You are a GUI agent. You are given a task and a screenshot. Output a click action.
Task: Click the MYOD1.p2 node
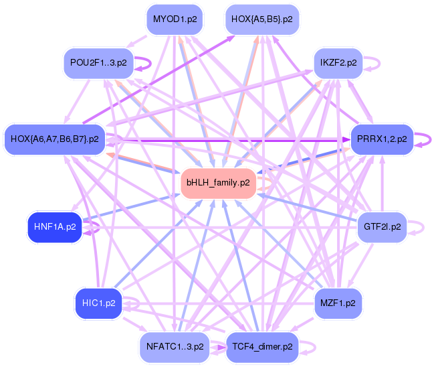(x=175, y=19)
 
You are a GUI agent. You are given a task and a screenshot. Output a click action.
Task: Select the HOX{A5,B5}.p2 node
(x=262, y=19)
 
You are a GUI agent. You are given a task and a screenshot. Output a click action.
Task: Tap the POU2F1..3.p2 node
(x=98, y=63)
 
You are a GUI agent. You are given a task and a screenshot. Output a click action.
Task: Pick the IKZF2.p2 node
(x=338, y=63)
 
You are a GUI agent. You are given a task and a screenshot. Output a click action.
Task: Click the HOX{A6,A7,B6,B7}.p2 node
(x=55, y=139)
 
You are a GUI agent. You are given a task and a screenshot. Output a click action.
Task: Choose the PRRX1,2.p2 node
(x=382, y=139)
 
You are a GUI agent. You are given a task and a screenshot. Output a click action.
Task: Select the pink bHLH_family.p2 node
(x=219, y=183)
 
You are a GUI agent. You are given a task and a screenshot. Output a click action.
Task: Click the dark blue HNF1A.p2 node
(x=55, y=227)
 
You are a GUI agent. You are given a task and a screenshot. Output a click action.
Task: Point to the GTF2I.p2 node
(x=382, y=227)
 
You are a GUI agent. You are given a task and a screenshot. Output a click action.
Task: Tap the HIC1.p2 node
(x=98, y=303)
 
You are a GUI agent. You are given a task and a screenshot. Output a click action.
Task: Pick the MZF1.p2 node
(x=338, y=303)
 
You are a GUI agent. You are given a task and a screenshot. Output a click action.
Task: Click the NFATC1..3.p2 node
(x=175, y=347)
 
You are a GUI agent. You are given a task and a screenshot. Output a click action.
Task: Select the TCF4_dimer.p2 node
(x=262, y=347)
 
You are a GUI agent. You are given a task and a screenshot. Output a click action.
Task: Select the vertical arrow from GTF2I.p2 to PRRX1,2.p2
(x=383, y=183)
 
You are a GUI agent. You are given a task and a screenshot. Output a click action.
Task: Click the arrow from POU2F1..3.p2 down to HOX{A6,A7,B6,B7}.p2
(x=77, y=102)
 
